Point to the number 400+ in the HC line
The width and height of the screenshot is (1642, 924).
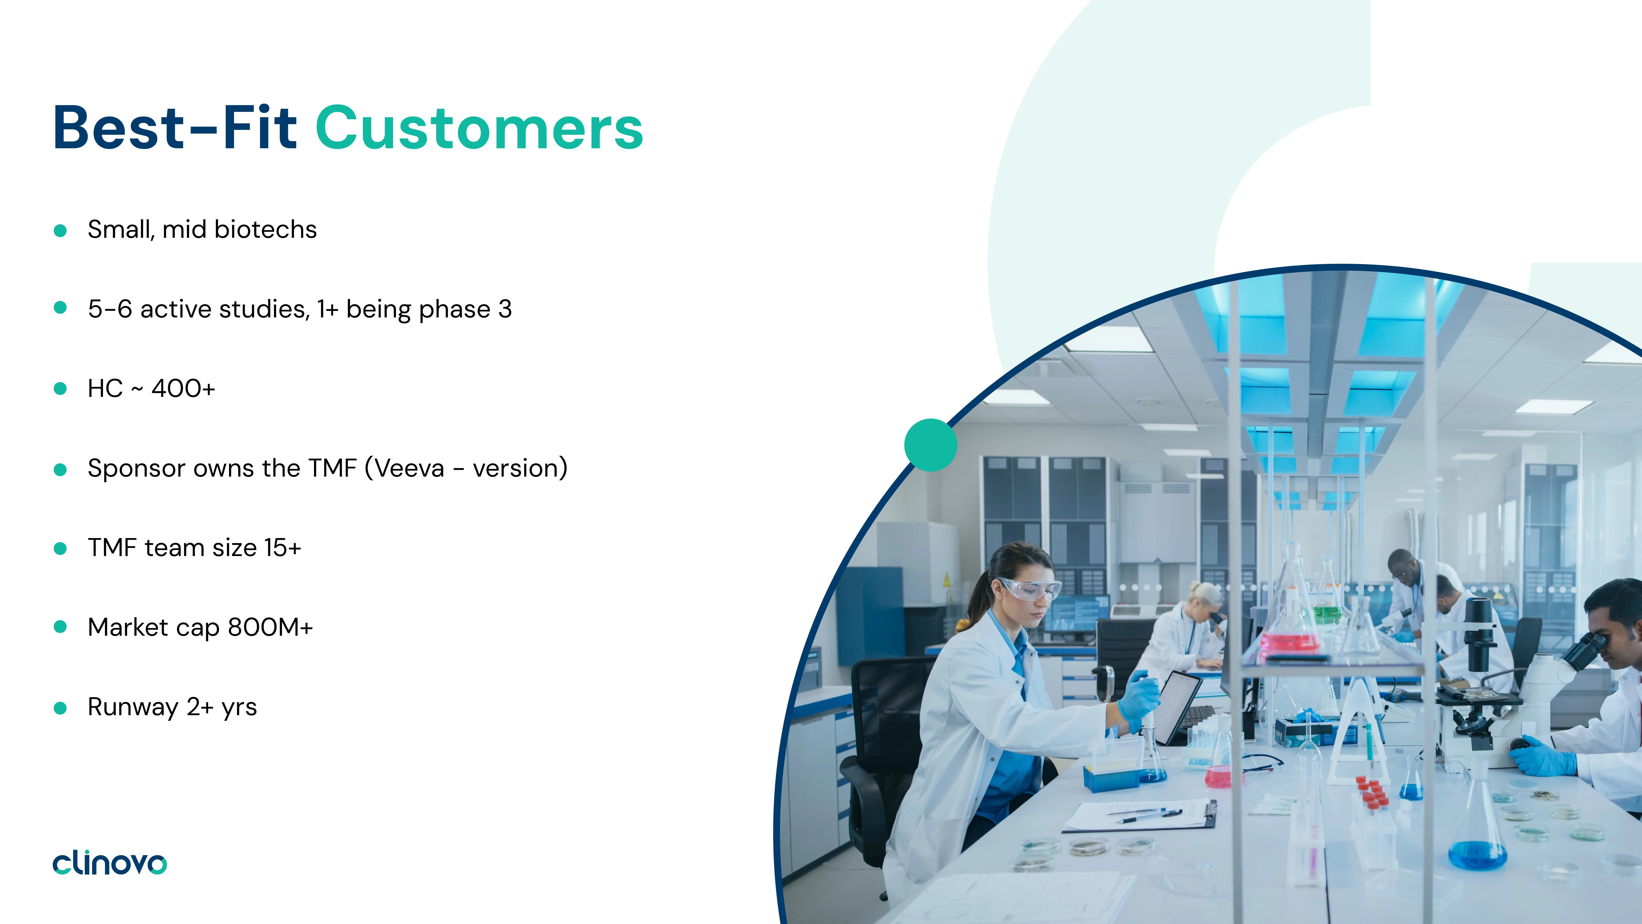coord(183,388)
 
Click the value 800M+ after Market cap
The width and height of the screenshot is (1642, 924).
coord(270,627)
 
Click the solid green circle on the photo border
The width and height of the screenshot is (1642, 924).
coord(931,445)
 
